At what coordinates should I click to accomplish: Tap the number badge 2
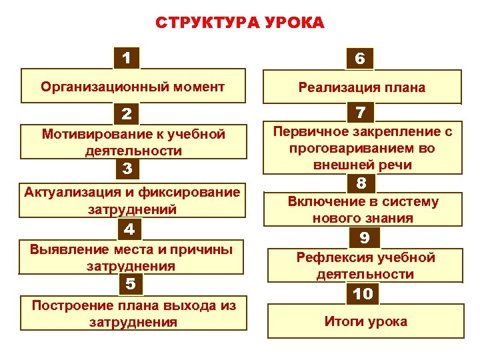point(127,115)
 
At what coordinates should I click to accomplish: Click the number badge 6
point(360,59)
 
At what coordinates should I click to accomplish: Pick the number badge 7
point(361,112)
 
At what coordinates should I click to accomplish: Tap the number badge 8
point(361,182)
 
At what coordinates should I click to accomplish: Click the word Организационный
point(96,87)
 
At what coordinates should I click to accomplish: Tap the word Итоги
point(343,321)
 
